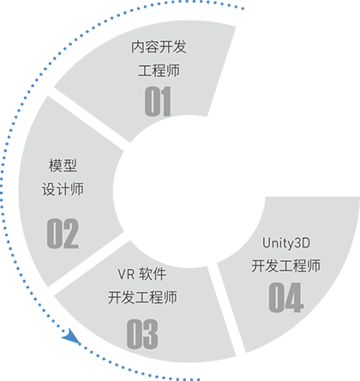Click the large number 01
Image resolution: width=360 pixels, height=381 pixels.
(158, 101)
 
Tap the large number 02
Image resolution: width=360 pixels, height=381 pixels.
(63, 233)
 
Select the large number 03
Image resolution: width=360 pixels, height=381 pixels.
(142, 334)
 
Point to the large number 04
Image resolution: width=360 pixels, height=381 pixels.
(285, 297)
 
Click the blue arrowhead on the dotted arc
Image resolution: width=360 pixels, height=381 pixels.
(71, 336)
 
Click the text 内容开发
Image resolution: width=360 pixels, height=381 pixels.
(159, 46)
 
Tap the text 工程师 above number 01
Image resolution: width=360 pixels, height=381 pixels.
(159, 70)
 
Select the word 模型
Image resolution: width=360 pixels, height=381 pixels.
(63, 165)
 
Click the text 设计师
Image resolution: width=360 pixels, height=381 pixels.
(63, 189)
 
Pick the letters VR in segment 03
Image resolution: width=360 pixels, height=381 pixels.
(126, 274)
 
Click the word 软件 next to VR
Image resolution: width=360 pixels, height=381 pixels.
(153, 274)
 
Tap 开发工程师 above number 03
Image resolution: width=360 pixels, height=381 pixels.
(142, 297)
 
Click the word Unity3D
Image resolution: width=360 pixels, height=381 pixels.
(286, 243)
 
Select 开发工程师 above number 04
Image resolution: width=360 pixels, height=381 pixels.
(285, 265)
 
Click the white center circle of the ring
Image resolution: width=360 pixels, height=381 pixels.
(189, 191)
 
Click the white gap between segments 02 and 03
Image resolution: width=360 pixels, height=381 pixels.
(88, 264)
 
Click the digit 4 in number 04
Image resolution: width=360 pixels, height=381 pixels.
(295, 297)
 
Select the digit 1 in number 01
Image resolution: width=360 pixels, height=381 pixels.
(165, 101)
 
